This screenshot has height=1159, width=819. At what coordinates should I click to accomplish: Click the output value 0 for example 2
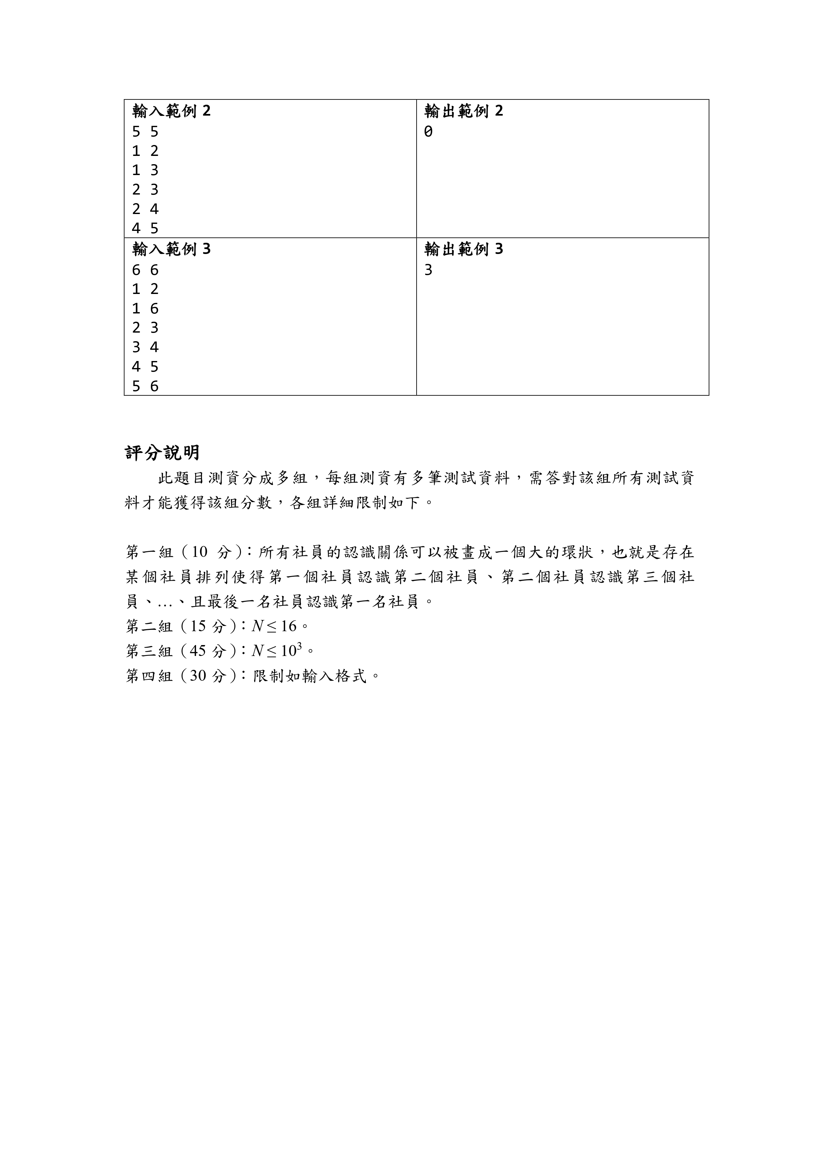coord(428,132)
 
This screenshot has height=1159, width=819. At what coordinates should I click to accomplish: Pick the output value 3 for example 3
coord(428,271)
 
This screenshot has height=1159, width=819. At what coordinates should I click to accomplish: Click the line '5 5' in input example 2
coord(145,132)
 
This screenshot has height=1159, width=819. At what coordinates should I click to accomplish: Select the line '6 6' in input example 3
coord(145,271)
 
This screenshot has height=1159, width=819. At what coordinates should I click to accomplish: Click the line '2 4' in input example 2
coord(145,209)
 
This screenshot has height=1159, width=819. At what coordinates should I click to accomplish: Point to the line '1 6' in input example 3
coord(145,309)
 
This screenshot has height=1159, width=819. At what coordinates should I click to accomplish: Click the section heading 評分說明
coord(162,453)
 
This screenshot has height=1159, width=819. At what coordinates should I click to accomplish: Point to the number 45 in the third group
coord(198,651)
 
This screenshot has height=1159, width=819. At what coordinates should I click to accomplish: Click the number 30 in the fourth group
coord(198,676)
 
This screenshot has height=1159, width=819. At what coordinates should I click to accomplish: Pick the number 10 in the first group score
coord(199,552)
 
